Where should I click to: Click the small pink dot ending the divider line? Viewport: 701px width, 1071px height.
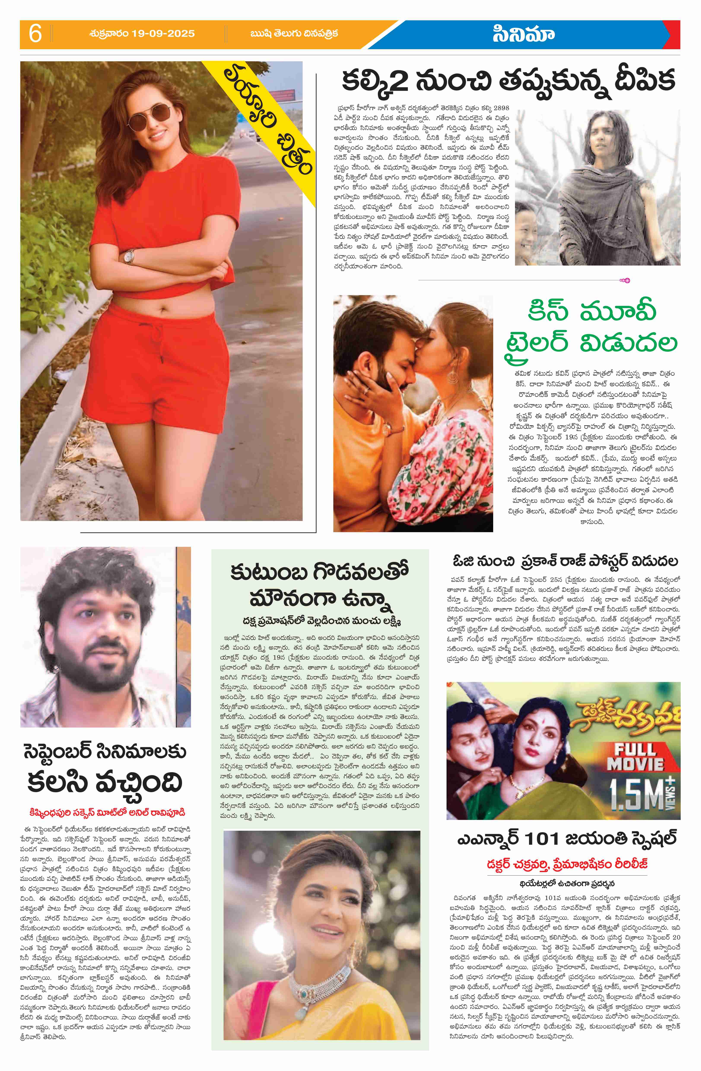pyautogui.click(x=627, y=280)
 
